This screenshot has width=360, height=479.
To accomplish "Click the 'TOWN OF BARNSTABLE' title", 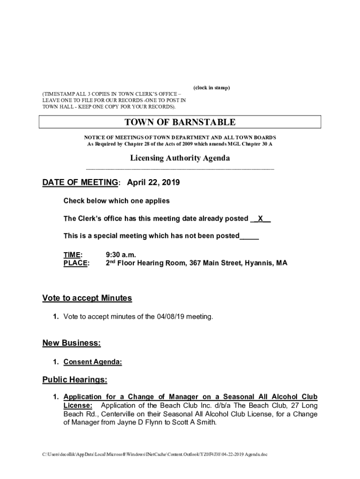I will pos(180,123).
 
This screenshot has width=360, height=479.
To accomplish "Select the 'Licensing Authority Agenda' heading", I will pos(180,158).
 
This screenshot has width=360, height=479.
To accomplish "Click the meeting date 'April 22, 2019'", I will pos(154,183).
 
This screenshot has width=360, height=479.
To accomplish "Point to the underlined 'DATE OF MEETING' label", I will pos(80,183).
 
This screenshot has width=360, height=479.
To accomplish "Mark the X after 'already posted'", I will pos(261,218).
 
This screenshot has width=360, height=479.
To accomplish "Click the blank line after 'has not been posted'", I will pos(249,236).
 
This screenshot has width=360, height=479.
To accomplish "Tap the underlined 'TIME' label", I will pos(72,254).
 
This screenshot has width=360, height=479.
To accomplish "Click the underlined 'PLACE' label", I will pos(75,263).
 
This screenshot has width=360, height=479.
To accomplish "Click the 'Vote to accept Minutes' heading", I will pos(87,298).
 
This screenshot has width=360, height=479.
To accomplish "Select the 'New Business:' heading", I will pos(72,343).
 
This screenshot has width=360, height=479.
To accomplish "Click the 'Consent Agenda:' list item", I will pos(93,362).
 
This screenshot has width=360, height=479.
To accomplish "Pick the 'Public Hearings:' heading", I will pos(75,379).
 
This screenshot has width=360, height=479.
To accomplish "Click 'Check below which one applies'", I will pos(116,201).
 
